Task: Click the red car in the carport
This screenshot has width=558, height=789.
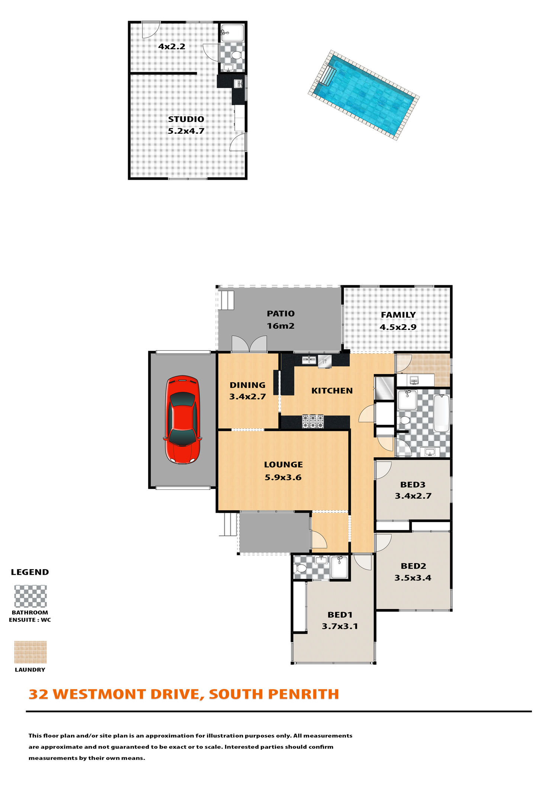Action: [x=183, y=419]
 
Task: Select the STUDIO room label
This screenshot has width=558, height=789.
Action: [x=186, y=119]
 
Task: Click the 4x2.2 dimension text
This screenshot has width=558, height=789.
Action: [x=171, y=46]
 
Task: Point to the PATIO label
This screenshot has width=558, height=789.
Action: [x=280, y=314]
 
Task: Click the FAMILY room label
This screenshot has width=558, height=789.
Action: [x=398, y=315]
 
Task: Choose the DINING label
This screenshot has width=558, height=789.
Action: [x=247, y=385]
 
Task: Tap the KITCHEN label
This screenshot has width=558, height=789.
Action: [x=332, y=391]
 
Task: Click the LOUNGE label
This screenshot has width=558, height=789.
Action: [x=283, y=464]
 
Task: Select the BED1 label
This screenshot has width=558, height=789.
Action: [x=340, y=615]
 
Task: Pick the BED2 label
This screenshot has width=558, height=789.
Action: [x=413, y=566]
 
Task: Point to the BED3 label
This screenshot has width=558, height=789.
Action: [x=413, y=484]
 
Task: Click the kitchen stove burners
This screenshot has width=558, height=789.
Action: [x=313, y=421]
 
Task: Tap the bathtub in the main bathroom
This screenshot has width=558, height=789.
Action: [x=442, y=413]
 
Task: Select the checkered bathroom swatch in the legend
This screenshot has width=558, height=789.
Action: [x=31, y=596]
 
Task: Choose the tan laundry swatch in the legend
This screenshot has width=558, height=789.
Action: [x=31, y=652]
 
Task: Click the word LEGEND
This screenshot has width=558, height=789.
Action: [x=30, y=572]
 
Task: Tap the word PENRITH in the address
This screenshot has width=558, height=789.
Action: [x=303, y=694]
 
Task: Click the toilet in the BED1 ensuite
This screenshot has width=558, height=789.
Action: [x=300, y=568]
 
